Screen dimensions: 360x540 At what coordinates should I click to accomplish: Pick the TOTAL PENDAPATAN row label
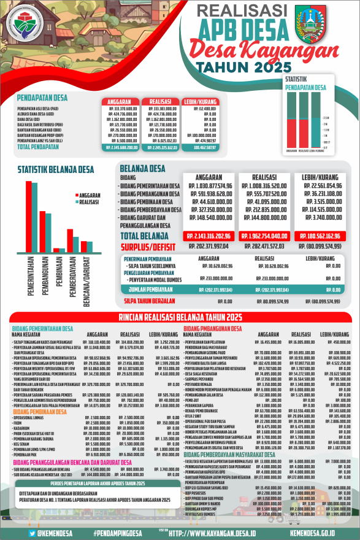[37, 147]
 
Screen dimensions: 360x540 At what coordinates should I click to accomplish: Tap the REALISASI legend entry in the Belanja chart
[88, 201]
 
